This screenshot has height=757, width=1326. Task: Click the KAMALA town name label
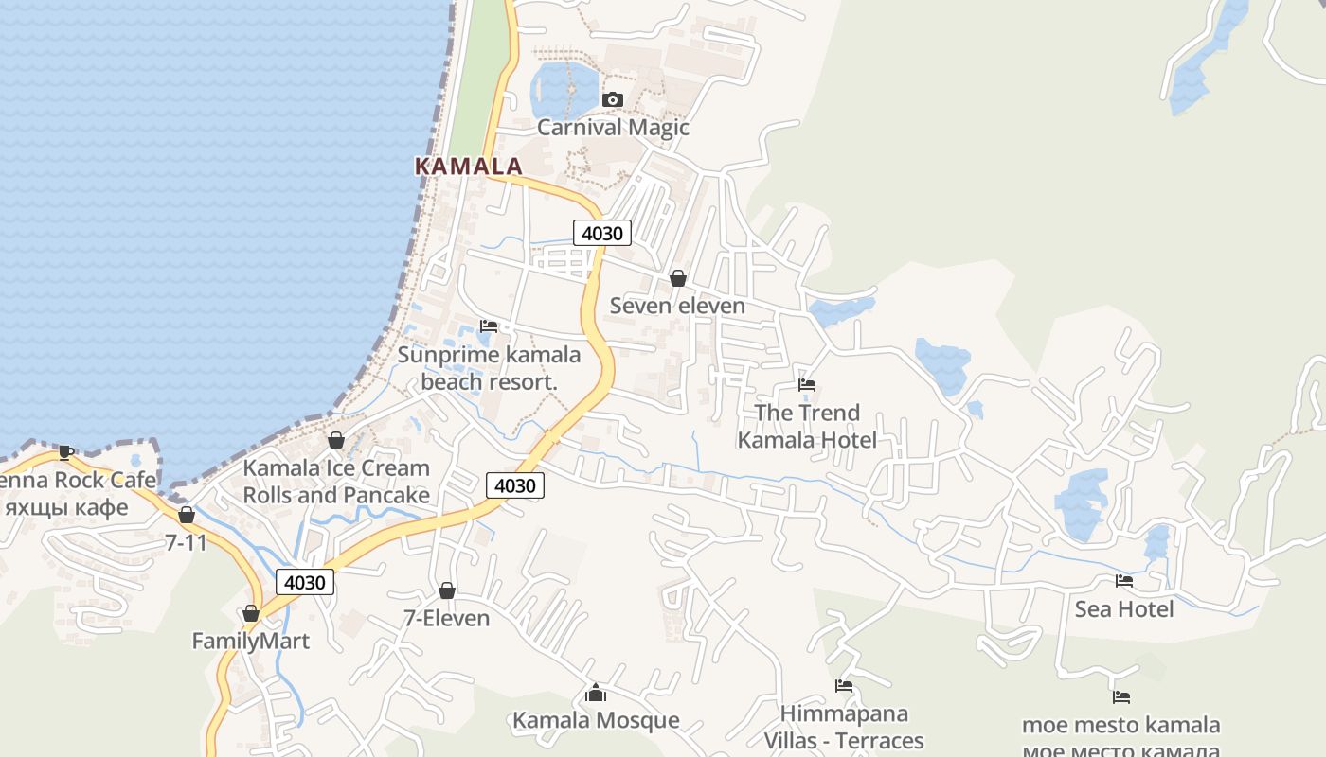pos(469,167)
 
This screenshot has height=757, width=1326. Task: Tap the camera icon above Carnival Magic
pos(613,99)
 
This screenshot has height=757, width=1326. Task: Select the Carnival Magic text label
pos(613,128)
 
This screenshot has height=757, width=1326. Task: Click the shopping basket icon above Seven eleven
pos(678,278)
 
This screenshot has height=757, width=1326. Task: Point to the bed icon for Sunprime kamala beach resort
pos(489,326)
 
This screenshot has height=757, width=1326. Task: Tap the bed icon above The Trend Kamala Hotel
pos(807,385)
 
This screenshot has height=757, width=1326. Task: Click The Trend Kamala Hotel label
pos(807,427)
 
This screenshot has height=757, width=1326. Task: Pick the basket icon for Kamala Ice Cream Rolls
pos(335,440)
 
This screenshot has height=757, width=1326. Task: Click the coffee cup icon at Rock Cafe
pos(65,452)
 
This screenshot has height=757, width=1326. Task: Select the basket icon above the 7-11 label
pos(187,516)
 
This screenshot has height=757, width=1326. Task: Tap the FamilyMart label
pos(250,642)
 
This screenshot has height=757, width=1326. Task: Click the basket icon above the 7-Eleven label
pos(447,591)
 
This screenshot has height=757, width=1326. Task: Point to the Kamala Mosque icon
pos(596,694)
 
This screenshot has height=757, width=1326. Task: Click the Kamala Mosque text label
pos(596,721)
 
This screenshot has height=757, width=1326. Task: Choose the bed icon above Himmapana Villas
pos(844,686)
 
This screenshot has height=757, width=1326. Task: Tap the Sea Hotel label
pos(1123,609)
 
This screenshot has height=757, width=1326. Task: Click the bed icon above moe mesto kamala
pos(1121,697)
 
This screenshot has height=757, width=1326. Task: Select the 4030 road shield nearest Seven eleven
pos(601,233)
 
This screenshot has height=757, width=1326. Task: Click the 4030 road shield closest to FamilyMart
pos(305,583)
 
